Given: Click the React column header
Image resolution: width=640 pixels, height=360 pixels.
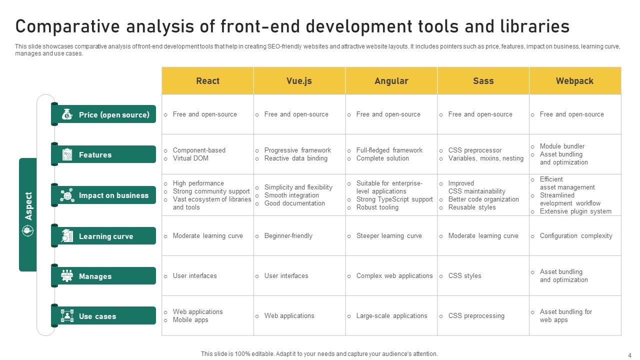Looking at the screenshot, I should (x=207, y=81).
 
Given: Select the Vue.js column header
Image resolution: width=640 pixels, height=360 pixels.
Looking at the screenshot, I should (x=299, y=81).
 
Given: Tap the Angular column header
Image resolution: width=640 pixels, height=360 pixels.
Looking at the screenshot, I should (x=391, y=81).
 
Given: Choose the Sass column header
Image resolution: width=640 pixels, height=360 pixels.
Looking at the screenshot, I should (x=483, y=81).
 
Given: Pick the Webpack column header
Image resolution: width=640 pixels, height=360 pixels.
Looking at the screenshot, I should (x=574, y=81).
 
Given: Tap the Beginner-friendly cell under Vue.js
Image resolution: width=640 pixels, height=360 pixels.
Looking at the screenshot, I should (x=288, y=236).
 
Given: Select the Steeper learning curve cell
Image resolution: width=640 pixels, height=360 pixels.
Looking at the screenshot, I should (x=389, y=236).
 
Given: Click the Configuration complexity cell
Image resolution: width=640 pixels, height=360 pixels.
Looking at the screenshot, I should (x=576, y=236).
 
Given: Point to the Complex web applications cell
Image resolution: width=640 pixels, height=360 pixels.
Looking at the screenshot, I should (x=394, y=276).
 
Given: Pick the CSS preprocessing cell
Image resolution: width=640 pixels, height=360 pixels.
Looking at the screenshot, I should (x=476, y=316).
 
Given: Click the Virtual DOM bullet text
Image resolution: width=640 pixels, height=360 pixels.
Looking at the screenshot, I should (x=190, y=158).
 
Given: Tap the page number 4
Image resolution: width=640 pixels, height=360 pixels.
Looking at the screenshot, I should (x=629, y=354).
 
